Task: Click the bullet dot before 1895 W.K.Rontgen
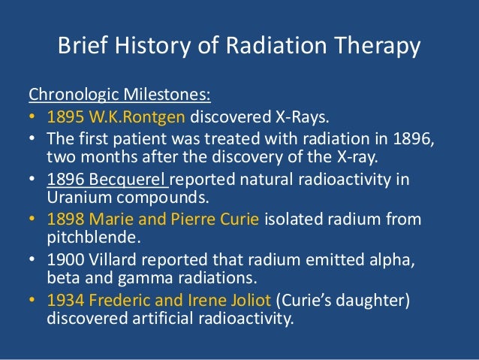coord(33,117)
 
